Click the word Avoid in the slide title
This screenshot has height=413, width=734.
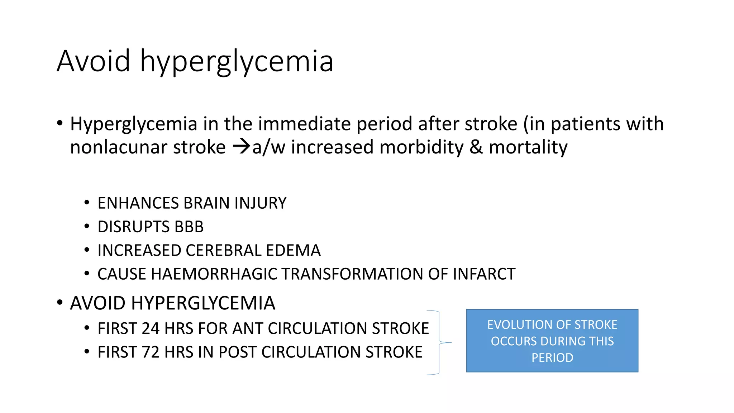pos(93,61)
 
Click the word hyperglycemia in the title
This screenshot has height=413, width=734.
pos(237,62)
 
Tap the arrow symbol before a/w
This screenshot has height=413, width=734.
pos(241,147)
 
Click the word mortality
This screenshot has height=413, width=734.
pos(528,147)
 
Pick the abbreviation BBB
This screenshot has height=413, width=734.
pos(189,227)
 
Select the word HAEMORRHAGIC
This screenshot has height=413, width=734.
pos(214,274)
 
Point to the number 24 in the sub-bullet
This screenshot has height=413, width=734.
pos(151,329)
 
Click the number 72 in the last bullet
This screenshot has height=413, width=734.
pos(151,352)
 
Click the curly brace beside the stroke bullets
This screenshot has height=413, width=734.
pos(439,342)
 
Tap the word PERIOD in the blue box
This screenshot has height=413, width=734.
pos(552,358)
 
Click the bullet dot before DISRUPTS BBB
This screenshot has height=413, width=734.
pos(87,227)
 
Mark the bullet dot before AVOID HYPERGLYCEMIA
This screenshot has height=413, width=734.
pos(60,303)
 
